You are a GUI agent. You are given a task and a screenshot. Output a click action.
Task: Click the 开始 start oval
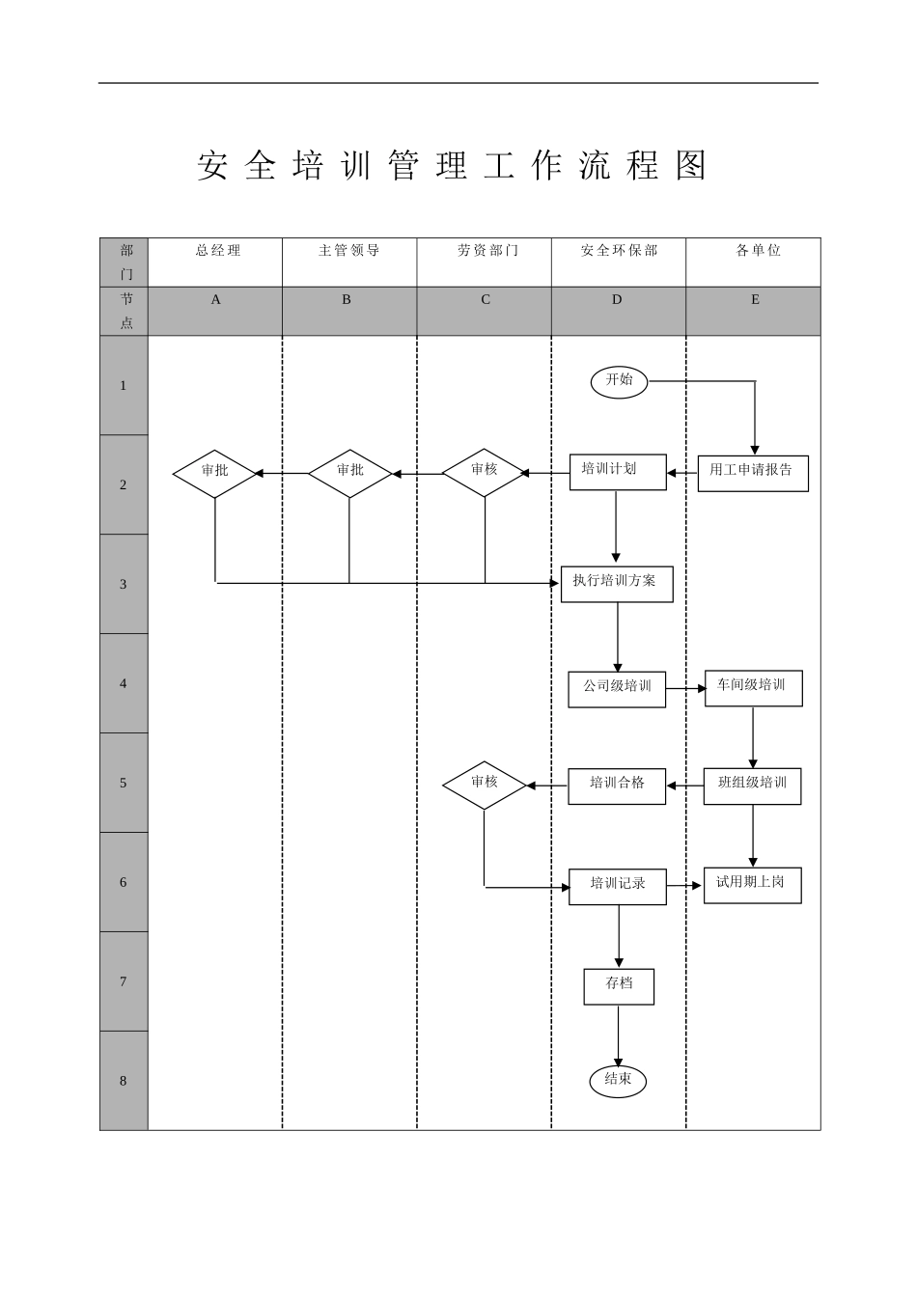coord(619,381)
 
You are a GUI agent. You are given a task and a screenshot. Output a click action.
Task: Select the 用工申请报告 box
coord(752,473)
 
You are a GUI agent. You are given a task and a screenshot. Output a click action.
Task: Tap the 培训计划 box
coord(617,472)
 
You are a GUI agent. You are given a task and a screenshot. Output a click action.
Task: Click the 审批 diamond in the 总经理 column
coord(215,473)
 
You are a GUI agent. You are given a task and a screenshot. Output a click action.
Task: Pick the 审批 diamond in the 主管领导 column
coord(349,473)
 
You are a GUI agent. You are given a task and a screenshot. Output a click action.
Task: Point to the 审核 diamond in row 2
coord(484,472)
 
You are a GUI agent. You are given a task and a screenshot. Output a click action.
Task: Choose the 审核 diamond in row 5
coord(484,785)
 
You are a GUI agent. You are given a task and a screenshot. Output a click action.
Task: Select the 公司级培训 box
coord(616,689)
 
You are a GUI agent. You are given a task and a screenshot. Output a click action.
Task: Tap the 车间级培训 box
coord(753,688)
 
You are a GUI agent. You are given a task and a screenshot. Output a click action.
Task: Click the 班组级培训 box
coord(752,786)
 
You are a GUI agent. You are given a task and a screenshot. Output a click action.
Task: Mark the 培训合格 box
coord(617,786)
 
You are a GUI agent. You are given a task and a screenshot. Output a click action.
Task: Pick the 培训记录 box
coord(617,886)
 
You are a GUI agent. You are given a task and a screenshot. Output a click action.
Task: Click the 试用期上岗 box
coord(752,885)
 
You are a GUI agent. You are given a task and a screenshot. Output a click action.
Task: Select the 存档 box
coord(619,986)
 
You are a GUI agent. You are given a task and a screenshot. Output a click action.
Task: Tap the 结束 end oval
coord(618,1081)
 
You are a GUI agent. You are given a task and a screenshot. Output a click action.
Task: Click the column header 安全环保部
coord(619,251)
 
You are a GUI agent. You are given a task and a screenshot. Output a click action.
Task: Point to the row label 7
coord(123,981)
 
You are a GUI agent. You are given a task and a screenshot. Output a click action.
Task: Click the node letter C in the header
coord(486,300)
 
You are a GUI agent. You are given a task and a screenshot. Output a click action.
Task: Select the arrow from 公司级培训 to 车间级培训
coord(685,689)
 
